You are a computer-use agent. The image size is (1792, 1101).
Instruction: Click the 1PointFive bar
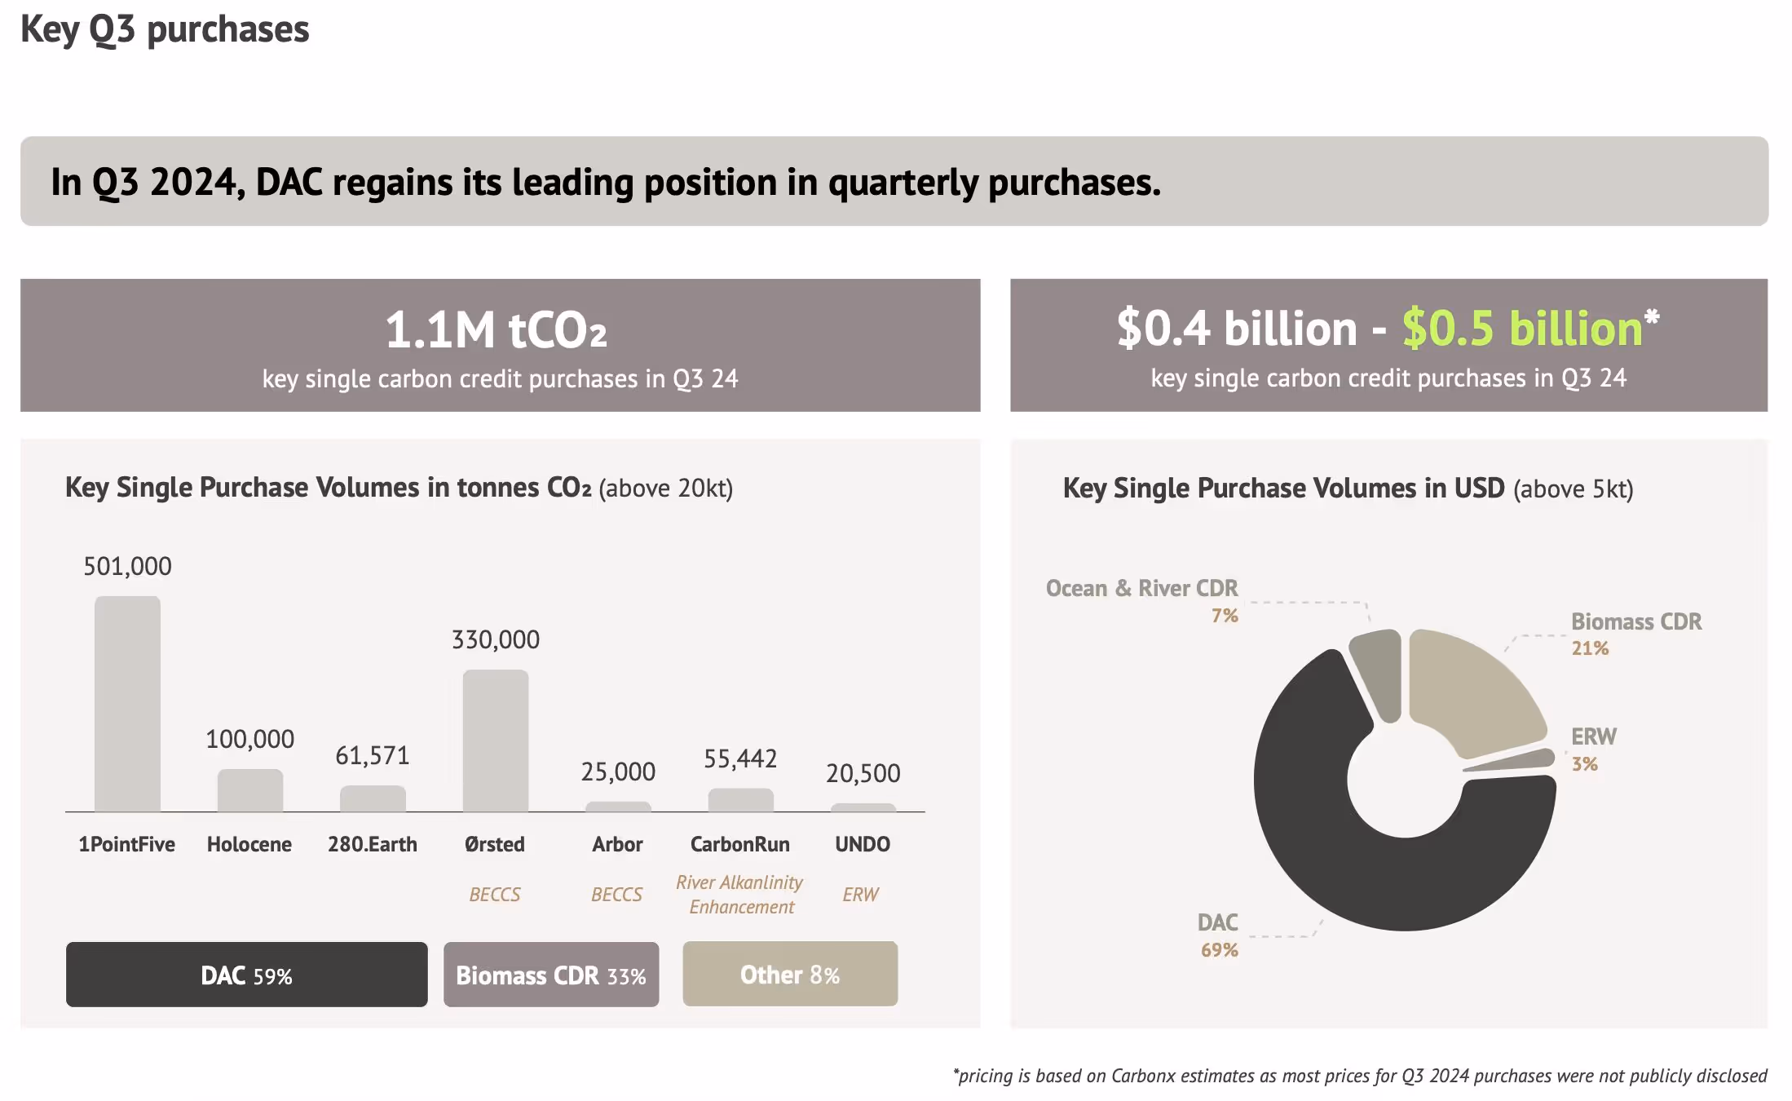(127, 704)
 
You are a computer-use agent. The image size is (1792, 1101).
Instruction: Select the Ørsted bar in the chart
(495, 741)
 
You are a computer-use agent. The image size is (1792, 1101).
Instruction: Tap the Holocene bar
(249, 790)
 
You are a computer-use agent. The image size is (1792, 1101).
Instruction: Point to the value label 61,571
(372, 755)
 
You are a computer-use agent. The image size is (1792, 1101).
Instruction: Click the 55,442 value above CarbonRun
(739, 758)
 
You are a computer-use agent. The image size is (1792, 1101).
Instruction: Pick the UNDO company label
(862, 844)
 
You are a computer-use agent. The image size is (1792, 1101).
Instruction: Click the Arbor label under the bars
(617, 844)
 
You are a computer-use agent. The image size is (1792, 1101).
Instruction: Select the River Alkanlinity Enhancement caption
(739, 895)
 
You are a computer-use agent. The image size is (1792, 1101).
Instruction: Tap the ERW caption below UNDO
(860, 895)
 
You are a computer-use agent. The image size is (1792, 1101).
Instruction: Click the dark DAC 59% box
(246, 975)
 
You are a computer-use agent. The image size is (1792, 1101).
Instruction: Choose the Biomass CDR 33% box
(550, 975)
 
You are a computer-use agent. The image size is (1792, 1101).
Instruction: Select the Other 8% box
(789, 974)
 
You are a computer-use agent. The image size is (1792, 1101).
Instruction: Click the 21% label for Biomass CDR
(1590, 648)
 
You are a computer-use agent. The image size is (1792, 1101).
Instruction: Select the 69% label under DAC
(1219, 950)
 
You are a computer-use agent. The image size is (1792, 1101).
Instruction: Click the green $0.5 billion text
(1521, 328)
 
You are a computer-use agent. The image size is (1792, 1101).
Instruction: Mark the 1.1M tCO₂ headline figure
(496, 329)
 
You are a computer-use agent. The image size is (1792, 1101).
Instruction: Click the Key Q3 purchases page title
(165, 29)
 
